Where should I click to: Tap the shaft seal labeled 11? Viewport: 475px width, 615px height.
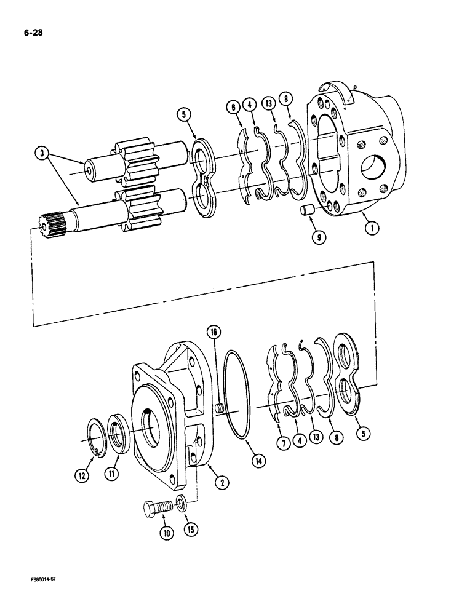pos(119,433)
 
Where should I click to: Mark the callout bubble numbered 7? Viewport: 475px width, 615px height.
pos(284,443)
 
